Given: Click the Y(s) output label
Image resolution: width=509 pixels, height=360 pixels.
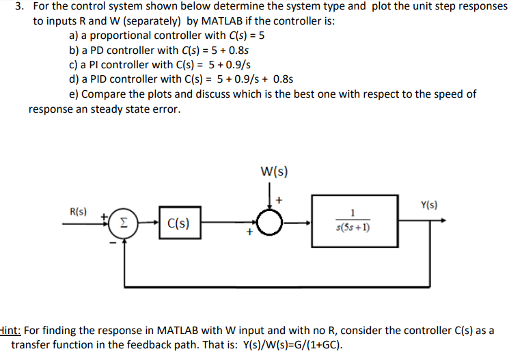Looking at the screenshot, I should point(430,204).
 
